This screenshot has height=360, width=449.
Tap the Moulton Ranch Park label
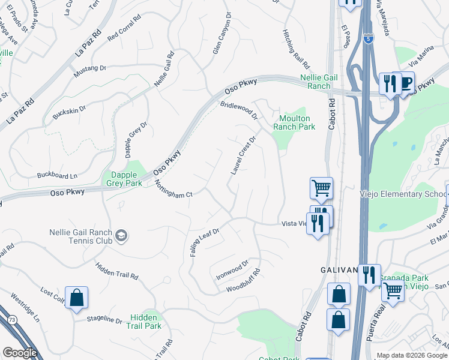(294, 123)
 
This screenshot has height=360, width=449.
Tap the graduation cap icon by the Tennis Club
(122, 236)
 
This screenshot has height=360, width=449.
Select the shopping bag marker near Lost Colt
(77, 298)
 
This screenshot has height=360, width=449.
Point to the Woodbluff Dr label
(246, 286)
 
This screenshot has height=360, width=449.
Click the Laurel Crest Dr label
(244, 155)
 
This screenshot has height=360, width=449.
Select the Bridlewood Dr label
(238, 110)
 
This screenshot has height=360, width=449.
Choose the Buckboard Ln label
(57, 176)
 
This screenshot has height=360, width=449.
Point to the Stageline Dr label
(104, 320)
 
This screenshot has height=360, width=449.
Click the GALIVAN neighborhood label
(334, 270)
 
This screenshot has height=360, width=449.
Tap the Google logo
(20, 353)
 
